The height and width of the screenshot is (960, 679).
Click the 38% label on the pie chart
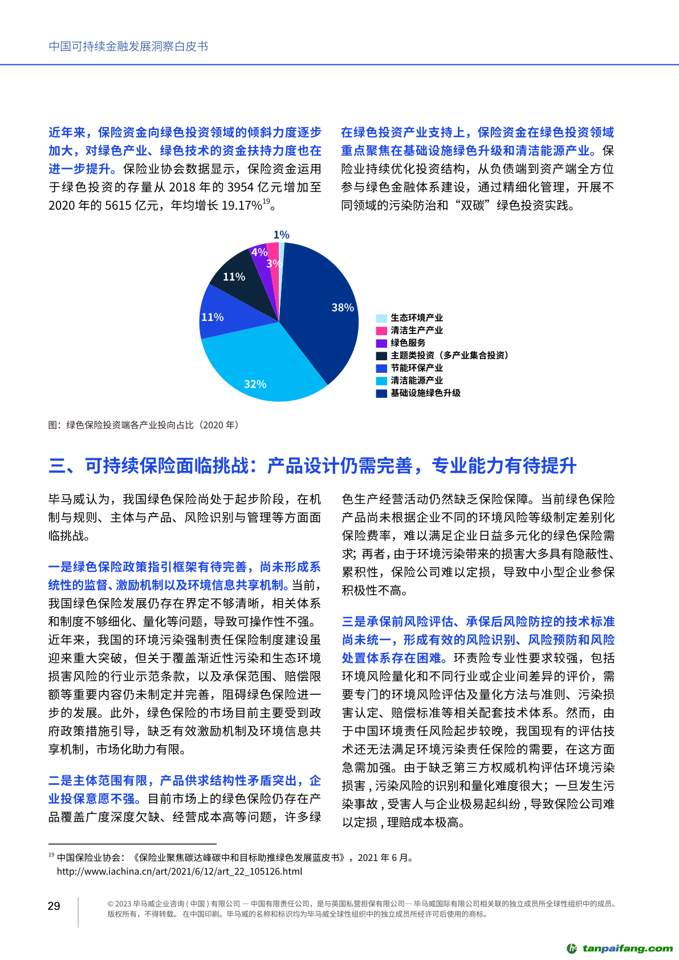click(343, 308)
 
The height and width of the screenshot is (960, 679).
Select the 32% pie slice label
click(255, 384)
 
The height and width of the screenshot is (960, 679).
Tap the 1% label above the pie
click(281, 235)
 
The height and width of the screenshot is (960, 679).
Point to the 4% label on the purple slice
click(259, 252)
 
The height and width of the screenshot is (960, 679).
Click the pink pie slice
click(273, 257)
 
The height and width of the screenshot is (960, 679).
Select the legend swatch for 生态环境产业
click(381, 318)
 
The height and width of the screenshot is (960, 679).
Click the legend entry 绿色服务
click(408, 343)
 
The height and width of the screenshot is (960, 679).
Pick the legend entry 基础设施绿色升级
click(425, 393)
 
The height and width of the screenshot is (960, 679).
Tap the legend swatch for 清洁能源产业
click(381, 381)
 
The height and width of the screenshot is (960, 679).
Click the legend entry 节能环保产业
click(416, 368)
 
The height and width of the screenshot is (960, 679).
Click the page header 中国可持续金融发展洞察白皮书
click(128, 46)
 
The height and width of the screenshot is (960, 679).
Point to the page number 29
click(54, 906)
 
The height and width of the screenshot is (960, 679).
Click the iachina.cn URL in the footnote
click(179, 872)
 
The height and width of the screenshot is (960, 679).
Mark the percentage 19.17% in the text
click(241, 206)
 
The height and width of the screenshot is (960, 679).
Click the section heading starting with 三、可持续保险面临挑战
click(312, 466)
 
